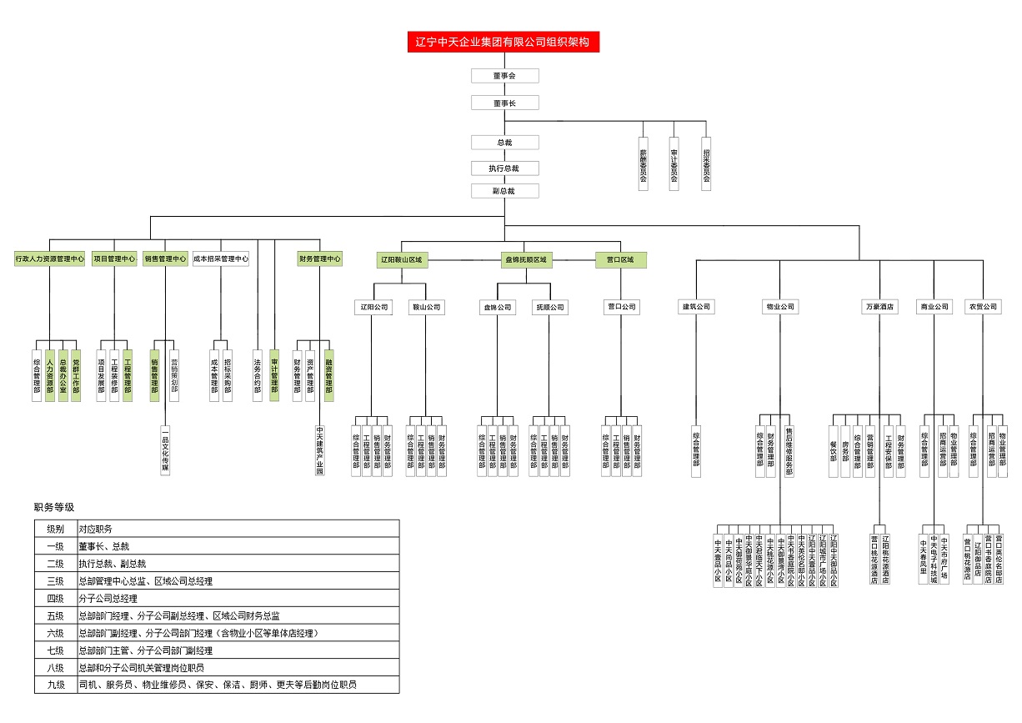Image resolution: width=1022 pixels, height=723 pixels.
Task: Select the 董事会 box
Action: point(504,76)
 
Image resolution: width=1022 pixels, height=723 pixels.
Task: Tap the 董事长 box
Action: point(504,103)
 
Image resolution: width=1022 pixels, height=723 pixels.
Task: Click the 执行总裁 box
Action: point(504,168)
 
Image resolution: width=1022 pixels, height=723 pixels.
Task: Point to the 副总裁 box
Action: point(504,191)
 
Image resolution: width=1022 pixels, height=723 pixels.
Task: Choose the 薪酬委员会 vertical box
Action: point(643,163)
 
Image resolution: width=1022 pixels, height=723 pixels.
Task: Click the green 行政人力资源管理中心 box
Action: point(50,259)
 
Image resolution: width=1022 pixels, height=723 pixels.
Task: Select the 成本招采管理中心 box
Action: point(221,259)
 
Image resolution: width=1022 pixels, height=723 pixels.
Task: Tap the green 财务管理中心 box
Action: point(320,259)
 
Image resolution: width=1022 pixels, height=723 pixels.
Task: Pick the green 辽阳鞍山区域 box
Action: point(402,260)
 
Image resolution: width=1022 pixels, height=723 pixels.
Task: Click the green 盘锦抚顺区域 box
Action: point(526,260)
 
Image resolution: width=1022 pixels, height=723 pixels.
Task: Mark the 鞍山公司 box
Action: point(427,307)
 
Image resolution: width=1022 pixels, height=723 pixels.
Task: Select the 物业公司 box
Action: point(780,307)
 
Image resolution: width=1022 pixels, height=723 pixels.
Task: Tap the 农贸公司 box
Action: point(982,307)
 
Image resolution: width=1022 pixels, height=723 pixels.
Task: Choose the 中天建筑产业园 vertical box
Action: point(320,451)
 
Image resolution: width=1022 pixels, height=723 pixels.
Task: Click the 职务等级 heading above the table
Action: point(54,507)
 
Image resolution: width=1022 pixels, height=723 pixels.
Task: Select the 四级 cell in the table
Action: point(56,598)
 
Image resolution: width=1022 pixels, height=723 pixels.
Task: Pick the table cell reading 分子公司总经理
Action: point(108,598)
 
